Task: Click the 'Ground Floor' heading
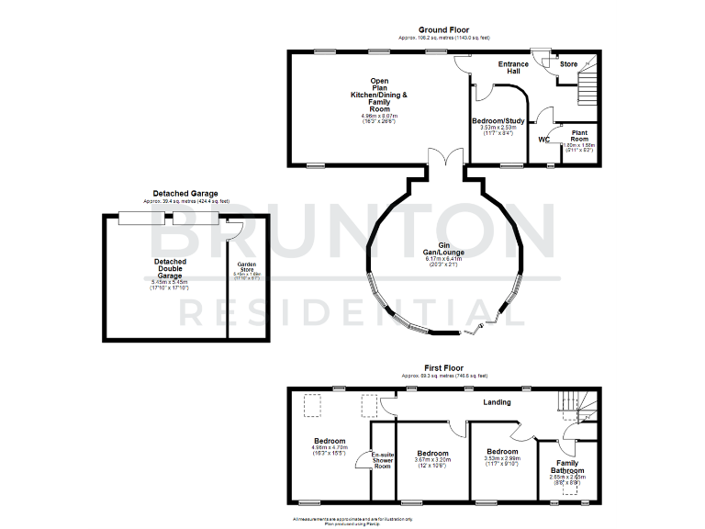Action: (444, 29)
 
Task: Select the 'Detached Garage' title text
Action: (185, 194)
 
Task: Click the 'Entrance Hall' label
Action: (514, 68)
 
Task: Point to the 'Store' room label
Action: (568, 64)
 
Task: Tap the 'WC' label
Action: (543, 140)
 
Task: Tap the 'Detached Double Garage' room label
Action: (169, 268)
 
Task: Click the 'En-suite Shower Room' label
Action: (382, 459)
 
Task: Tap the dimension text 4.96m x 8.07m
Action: (379, 117)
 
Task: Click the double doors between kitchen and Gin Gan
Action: (445, 159)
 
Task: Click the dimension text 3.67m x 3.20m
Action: (431, 462)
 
